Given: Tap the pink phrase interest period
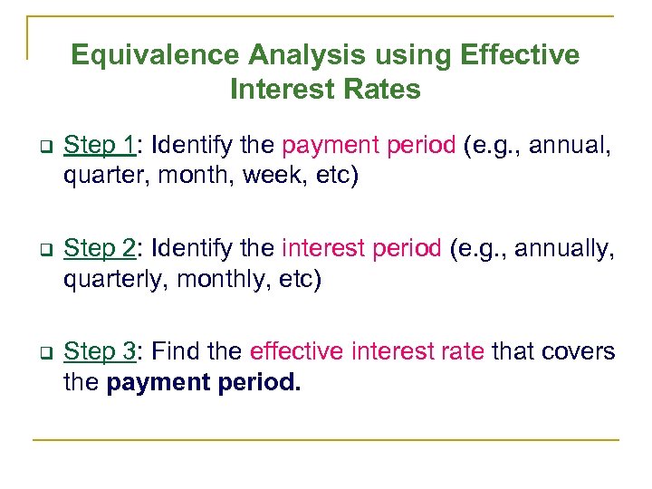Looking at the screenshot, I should click(x=362, y=248).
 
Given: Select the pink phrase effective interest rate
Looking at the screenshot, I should click(x=367, y=351).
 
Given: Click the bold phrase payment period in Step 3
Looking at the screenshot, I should click(x=204, y=382).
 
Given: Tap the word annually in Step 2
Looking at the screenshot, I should click(x=564, y=248).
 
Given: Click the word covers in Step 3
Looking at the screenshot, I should click(x=579, y=351).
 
